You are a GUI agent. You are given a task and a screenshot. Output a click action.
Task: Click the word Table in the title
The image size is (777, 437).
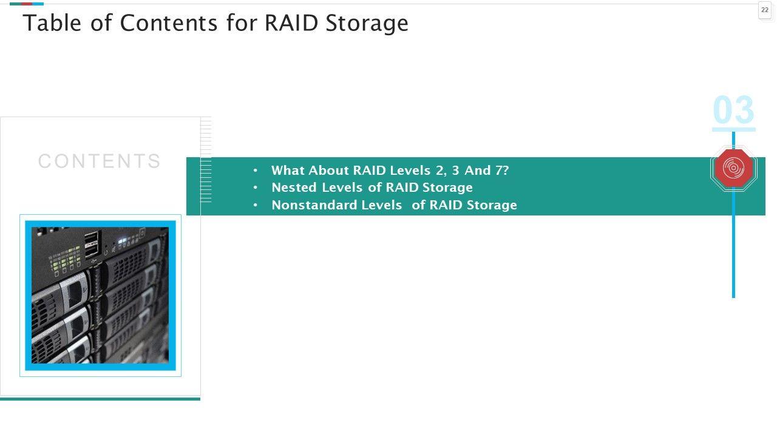tap(50, 23)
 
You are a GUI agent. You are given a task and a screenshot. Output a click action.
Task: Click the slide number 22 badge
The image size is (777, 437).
tap(765, 10)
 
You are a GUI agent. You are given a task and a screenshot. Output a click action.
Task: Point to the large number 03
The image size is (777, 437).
tap(733, 110)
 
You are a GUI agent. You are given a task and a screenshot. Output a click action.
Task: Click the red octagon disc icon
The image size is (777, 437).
tap(733, 169)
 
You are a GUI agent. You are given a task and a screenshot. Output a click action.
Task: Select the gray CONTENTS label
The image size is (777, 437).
tap(100, 161)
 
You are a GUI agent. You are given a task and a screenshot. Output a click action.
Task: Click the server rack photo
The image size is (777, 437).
tap(100, 296)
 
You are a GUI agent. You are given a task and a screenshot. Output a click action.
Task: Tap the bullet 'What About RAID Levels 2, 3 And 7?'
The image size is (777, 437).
tap(390, 171)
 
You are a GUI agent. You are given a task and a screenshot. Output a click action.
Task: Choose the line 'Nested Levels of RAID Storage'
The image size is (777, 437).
tap(372, 188)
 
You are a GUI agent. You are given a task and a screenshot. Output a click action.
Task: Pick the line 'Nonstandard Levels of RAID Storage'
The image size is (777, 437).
tap(394, 205)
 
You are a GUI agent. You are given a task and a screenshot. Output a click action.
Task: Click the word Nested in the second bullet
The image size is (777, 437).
tap(294, 188)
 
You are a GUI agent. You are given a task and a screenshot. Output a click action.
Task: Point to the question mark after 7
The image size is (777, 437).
tap(506, 171)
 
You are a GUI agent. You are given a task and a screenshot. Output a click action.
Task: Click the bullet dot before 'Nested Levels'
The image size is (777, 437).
tap(256, 188)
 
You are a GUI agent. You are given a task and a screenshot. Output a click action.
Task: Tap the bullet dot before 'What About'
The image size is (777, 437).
tap(256, 171)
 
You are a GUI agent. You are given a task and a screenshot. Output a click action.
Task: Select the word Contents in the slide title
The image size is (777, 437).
tap(169, 23)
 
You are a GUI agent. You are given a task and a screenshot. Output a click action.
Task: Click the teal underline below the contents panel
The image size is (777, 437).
tap(100, 399)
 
